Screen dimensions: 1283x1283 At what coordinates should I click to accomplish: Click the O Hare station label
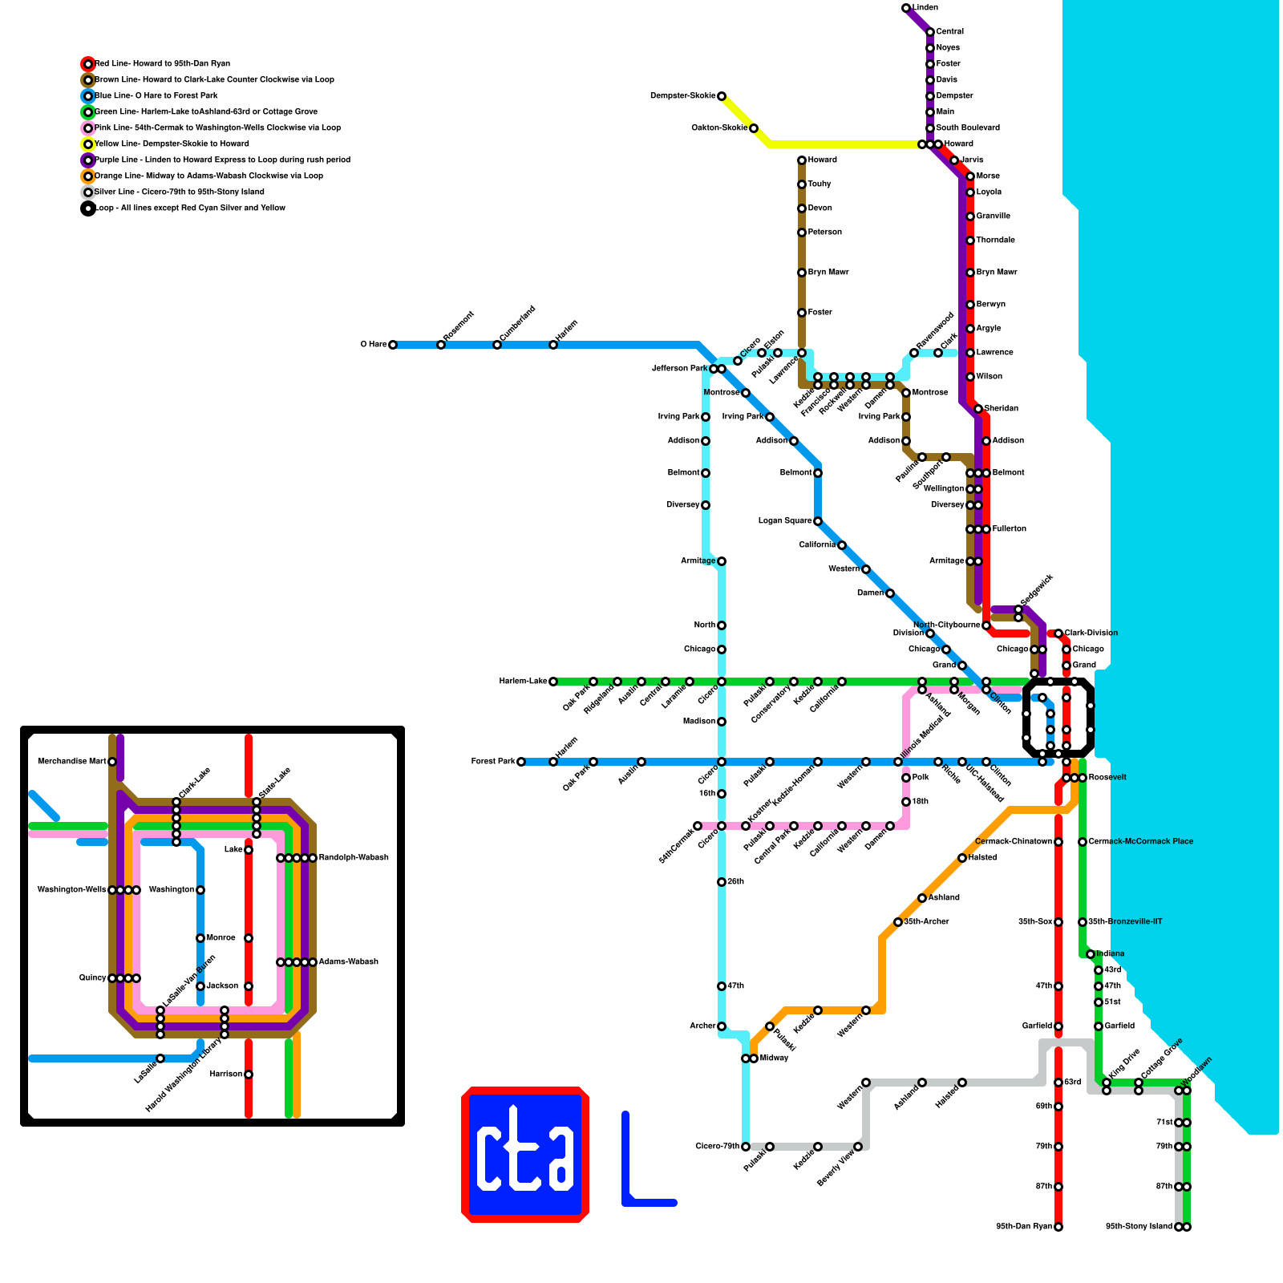click(373, 345)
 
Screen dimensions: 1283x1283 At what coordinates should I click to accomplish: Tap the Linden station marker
click(906, 8)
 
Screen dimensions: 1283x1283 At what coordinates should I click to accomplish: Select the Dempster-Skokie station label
click(682, 96)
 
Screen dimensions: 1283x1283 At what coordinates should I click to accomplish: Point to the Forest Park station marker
click(521, 762)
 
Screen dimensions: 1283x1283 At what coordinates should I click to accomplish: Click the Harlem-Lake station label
click(523, 682)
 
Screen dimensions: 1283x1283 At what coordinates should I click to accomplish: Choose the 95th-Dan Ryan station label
click(1024, 1227)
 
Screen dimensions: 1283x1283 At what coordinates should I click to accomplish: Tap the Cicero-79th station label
click(717, 1147)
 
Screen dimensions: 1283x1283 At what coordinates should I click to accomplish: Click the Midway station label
click(774, 1058)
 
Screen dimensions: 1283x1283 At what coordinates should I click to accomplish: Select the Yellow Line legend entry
click(172, 144)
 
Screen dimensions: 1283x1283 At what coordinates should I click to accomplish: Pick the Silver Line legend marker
click(88, 192)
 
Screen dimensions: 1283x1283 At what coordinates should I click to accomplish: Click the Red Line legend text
click(162, 64)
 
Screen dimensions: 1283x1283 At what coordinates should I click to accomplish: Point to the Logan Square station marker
click(818, 521)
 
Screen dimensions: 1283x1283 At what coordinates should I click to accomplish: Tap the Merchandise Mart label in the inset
click(71, 762)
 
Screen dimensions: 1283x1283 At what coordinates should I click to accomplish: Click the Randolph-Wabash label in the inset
click(354, 858)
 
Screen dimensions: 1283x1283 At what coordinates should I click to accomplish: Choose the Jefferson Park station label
click(680, 369)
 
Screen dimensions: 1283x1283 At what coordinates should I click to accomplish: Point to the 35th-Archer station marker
click(898, 922)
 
